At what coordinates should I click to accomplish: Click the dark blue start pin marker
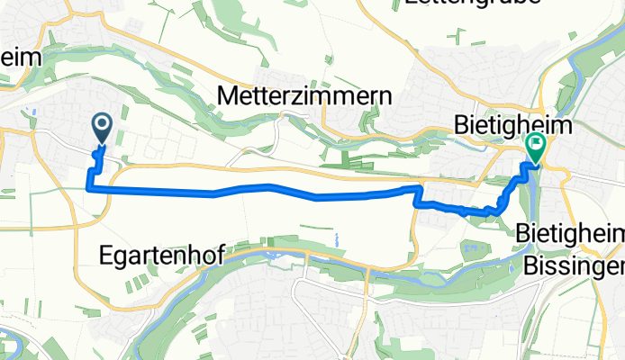click(x=101, y=129)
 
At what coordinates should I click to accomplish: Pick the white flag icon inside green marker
click(x=537, y=142)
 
